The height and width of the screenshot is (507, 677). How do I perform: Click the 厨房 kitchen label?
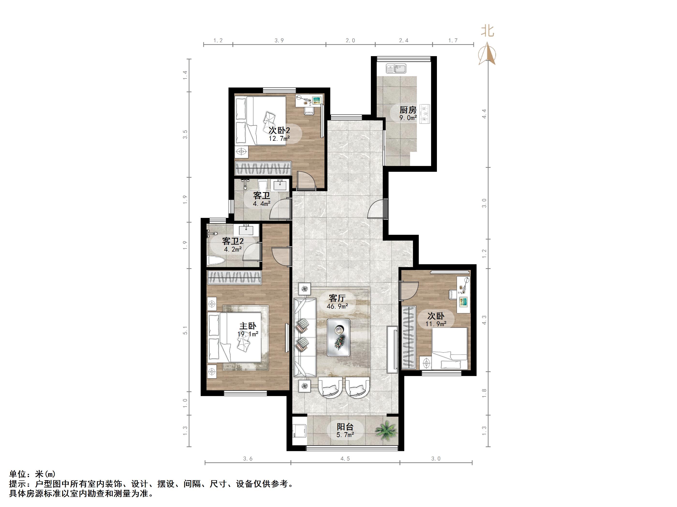click(x=408, y=109)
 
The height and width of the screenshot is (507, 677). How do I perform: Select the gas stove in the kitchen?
click(x=425, y=114)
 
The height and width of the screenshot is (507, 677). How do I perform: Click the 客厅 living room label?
click(x=337, y=298)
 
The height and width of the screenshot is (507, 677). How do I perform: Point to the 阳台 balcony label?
click(x=345, y=427)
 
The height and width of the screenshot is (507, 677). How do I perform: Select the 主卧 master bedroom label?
click(x=248, y=326)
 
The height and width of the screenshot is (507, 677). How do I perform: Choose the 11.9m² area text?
click(x=436, y=324)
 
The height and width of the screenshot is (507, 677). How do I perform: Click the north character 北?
click(x=487, y=31)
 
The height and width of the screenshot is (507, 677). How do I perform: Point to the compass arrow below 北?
click(x=487, y=54)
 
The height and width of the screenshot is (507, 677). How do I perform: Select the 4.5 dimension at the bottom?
click(x=345, y=458)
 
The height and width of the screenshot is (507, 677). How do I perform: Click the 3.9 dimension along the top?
click(x=279, y=40)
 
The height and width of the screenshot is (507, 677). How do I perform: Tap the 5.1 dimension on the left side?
click(x=185, y=330)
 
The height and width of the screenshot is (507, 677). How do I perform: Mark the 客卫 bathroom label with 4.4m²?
click(x=262, y=195)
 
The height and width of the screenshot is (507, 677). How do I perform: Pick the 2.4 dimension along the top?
click(x=404, y=40)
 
